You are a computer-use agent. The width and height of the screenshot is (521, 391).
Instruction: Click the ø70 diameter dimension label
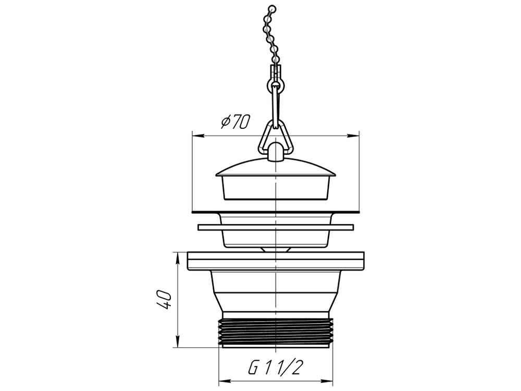click(235, 122)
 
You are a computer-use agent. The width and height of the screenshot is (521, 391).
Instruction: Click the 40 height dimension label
click(164, 300)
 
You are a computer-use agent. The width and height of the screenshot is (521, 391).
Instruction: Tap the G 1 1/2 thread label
click(276, 368)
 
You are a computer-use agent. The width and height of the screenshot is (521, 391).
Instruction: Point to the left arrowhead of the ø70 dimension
click(199, 136)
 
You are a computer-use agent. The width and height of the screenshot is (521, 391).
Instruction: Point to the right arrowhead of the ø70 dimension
click(354, 136)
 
